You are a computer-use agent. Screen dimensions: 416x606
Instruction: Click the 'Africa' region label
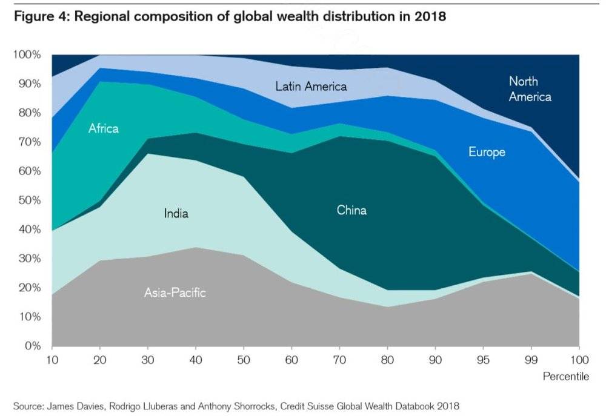coord(104,128)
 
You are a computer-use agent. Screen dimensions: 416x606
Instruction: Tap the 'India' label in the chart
coord(176,213)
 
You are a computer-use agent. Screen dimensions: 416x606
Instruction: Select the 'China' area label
coord(351,210)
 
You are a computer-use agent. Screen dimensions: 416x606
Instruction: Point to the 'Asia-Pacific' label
coord(175,293)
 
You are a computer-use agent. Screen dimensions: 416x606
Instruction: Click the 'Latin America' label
coord(311,87)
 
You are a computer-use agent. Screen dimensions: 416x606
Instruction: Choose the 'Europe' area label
coord(487,152)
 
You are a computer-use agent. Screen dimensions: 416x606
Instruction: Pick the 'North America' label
coord(530,89)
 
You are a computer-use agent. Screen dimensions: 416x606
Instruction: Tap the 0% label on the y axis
coord(32,346)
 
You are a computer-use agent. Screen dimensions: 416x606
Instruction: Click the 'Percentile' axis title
coord(565,377)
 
